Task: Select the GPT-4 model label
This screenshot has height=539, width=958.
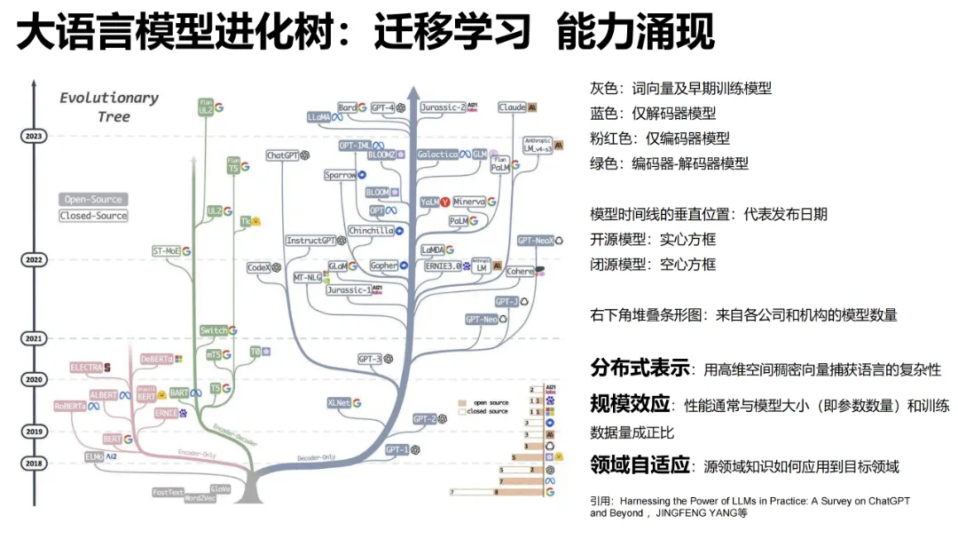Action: coord(383,107)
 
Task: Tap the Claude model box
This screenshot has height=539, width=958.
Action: coord(512,107)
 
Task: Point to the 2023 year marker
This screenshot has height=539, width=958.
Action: coord(34,136)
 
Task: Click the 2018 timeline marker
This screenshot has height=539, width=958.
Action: coord(34,463)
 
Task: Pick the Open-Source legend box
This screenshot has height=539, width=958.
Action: coord(93,200)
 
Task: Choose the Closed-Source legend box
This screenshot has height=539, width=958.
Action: coord(93,216)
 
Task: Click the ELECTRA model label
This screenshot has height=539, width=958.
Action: coord(86,367)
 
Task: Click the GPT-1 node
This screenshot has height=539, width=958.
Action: coord(397,450)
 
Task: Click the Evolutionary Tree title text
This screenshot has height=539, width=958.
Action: coord(109,107)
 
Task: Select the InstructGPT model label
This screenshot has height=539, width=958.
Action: coord(310,241)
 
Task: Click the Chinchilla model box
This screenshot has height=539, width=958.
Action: coord(371,231)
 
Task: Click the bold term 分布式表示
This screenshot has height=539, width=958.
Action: coord(640,368)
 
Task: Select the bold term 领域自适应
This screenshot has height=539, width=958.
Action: coord(640,464)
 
